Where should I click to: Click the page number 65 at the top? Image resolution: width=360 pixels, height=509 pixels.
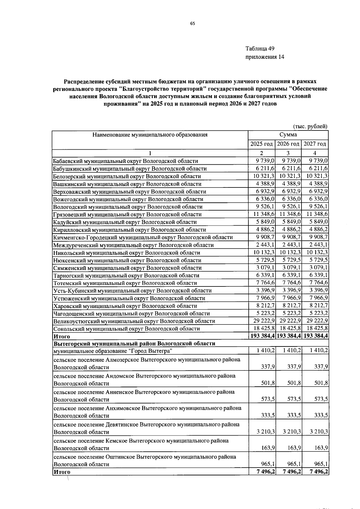(193, 24)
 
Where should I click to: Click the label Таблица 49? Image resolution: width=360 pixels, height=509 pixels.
(260, 49)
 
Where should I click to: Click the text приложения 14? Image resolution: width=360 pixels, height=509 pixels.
(265, 57)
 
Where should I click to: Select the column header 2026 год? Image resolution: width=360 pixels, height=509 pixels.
(288, 144)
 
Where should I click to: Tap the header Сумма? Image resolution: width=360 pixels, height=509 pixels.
(288, 135)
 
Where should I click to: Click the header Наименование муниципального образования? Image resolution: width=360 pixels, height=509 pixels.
(150, 135)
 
